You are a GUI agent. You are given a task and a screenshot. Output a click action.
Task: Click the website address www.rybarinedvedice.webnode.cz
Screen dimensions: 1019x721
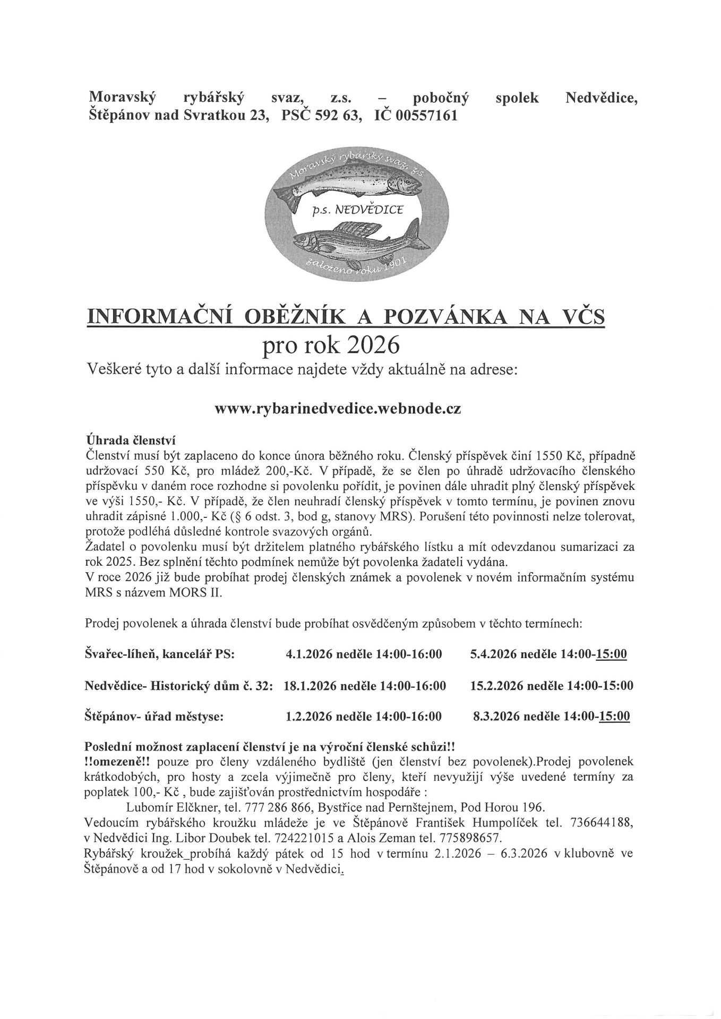coord(338,410)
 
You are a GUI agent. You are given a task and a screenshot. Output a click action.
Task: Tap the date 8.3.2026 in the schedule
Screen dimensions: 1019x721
coord(496,717)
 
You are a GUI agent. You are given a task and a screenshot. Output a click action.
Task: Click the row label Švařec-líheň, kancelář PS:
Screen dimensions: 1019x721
coord(160,654)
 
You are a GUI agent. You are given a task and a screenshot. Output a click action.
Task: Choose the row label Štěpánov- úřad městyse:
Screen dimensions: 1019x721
coord(154,717)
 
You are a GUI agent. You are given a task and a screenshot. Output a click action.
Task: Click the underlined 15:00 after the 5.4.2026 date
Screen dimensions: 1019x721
coord(612,654)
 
